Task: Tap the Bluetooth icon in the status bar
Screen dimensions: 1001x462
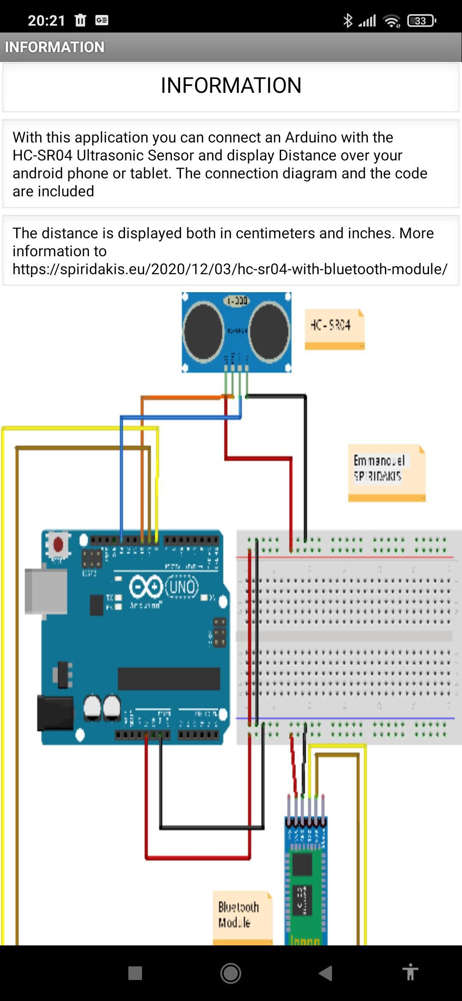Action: coord(348,21)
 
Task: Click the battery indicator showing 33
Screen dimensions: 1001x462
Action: coord(421,21)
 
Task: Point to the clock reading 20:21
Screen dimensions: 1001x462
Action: coord(46,21)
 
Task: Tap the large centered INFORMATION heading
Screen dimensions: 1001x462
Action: coord(231,85)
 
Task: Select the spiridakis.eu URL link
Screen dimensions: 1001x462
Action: coord(230,269)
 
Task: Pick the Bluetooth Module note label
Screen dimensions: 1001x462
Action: coord(242,915)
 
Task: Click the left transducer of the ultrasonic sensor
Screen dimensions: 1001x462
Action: coord(203,330)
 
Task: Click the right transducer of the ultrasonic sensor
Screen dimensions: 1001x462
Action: coord(269,330)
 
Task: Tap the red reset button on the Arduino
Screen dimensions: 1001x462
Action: coord(58,545)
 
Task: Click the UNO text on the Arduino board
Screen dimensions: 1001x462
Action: coord(182,586)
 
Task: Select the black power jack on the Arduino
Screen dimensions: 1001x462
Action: coord(54,713)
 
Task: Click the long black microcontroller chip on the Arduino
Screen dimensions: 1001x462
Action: coord(169,678)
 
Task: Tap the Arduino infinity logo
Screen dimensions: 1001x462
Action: coord(146,586)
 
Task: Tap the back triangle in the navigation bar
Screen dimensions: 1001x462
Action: coord(326,973)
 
